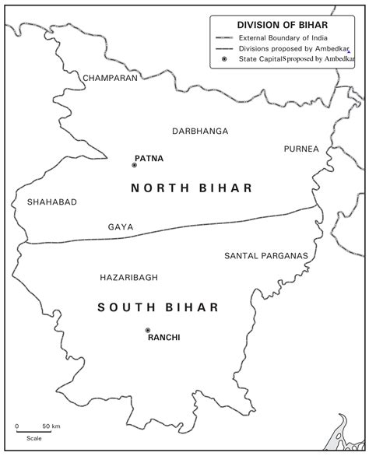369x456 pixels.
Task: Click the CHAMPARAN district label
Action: click(x=110, y=78)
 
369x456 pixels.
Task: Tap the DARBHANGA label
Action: click(x=200, y=131)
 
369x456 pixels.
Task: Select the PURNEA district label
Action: click(x=301, y=149)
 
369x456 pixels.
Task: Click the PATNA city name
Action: click(x=149, y=158)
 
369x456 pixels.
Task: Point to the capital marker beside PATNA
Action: click(x=133, y=164)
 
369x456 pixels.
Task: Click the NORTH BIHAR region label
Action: click(x=192, y=188)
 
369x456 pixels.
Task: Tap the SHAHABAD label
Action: click(x=52, y=202)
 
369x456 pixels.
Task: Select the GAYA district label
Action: click(x=121, y=227)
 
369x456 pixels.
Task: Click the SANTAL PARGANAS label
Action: click(x=266, y=255)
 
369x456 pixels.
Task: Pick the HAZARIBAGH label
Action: click(x=129, y=277)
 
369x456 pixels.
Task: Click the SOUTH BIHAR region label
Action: click(x=159, y=307)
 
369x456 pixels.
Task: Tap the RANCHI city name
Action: click(x=164, y=337)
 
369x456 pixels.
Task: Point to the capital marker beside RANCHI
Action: click(x=147, y=330)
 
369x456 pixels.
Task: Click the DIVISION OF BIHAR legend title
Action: click(x=287, y=24)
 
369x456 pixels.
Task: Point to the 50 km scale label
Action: click(x=51, y=426)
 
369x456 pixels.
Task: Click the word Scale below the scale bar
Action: click(x=33, y=439)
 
